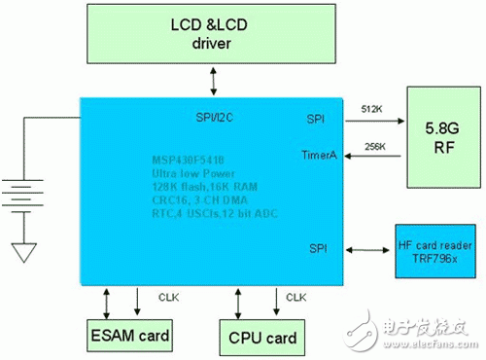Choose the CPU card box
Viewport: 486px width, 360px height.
click(x=259, y=337)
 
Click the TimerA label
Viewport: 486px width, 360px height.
click(x=320, y=155)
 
